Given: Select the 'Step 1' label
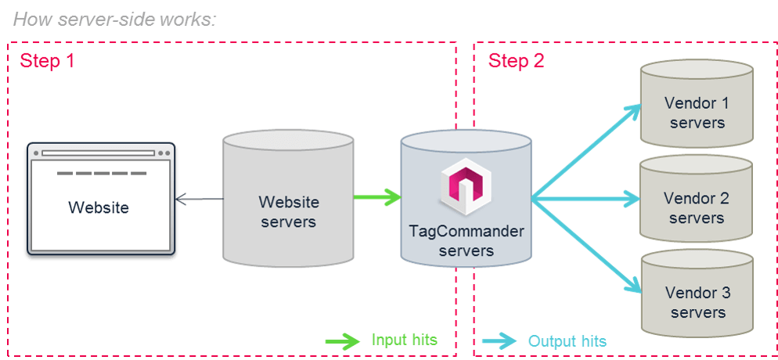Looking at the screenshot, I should (x=47, y=61).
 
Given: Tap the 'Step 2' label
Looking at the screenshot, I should (x=516, y=61).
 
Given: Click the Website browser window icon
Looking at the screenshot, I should (x=100, y=199).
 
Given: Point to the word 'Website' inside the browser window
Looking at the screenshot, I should (x=99, y=208).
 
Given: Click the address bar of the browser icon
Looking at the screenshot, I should (x=99, y=153).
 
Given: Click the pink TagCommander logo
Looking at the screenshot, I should (x=466, y=187).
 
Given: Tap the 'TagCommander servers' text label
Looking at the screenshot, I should (x=466, y=241).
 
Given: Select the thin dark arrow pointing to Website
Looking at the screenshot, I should (x=200, y=199).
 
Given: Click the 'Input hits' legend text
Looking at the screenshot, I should (x=404, y=340).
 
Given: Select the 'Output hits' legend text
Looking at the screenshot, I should (x=567, y=341).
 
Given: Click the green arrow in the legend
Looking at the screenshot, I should (x=341, y=340).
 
